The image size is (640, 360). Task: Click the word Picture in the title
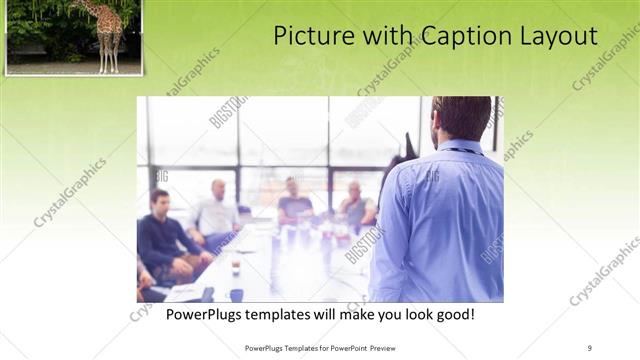click(312, 37)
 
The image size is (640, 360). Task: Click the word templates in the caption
click(295, 315)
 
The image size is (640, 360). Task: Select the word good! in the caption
click(452, 315)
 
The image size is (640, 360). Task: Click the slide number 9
click(590, 347)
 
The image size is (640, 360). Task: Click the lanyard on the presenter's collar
click(459, 151)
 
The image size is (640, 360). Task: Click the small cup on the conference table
click(236, 266)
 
